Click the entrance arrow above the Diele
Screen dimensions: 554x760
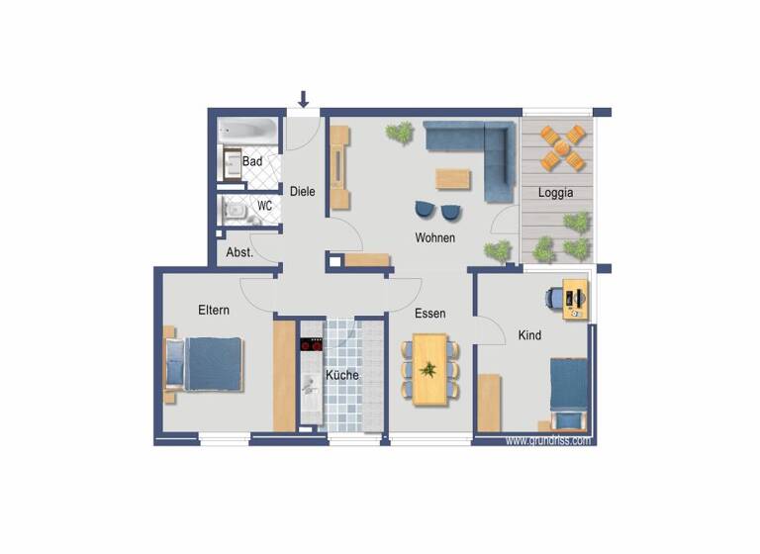304,99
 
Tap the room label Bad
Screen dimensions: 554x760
252,161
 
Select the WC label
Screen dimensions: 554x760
264,206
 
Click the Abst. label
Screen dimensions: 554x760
239,252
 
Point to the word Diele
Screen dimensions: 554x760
302,191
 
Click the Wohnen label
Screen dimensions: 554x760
435,238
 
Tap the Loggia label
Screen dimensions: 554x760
556,193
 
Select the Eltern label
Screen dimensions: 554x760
214,311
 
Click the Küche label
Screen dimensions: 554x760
342,376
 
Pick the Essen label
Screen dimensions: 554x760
429,314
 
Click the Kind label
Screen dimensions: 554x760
530,335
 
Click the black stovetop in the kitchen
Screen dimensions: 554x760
312,345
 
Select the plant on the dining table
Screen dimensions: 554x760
428,370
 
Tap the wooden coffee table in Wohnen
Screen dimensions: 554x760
454,178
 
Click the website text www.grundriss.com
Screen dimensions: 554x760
548,440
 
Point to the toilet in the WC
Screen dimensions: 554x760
234,210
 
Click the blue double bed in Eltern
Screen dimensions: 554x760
212,363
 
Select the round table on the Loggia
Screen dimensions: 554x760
561,149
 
